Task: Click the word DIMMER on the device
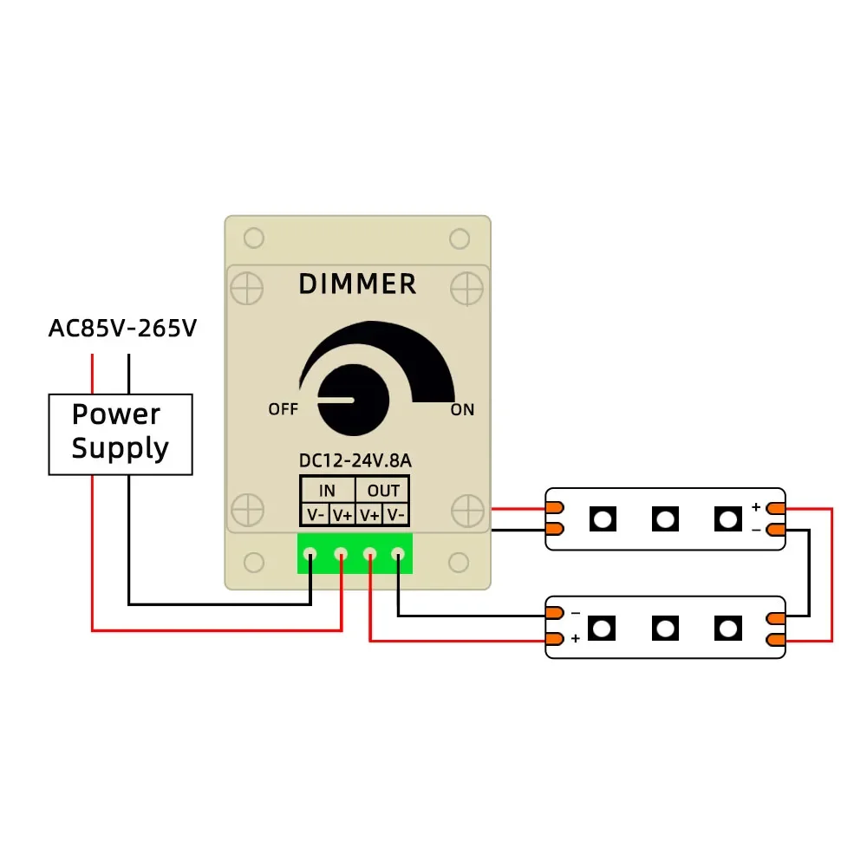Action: (357, 284)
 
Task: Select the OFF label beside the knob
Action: (283, 409)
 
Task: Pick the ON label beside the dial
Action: (462, 409)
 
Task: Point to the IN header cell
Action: (327, 491)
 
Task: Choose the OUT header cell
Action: (383, 491)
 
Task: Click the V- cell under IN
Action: (315, 515)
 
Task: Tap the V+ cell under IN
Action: (342, 515)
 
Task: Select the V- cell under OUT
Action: (396, 515)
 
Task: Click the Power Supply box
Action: (121, 433)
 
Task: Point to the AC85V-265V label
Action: (122, 329)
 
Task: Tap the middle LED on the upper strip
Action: (665, 518)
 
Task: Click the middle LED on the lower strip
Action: (665, 628)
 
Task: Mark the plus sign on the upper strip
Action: (756, 507)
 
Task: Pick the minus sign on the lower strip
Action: (575, 613)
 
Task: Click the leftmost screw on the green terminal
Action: (310, 553)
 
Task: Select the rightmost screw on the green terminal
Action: (399, 553)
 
